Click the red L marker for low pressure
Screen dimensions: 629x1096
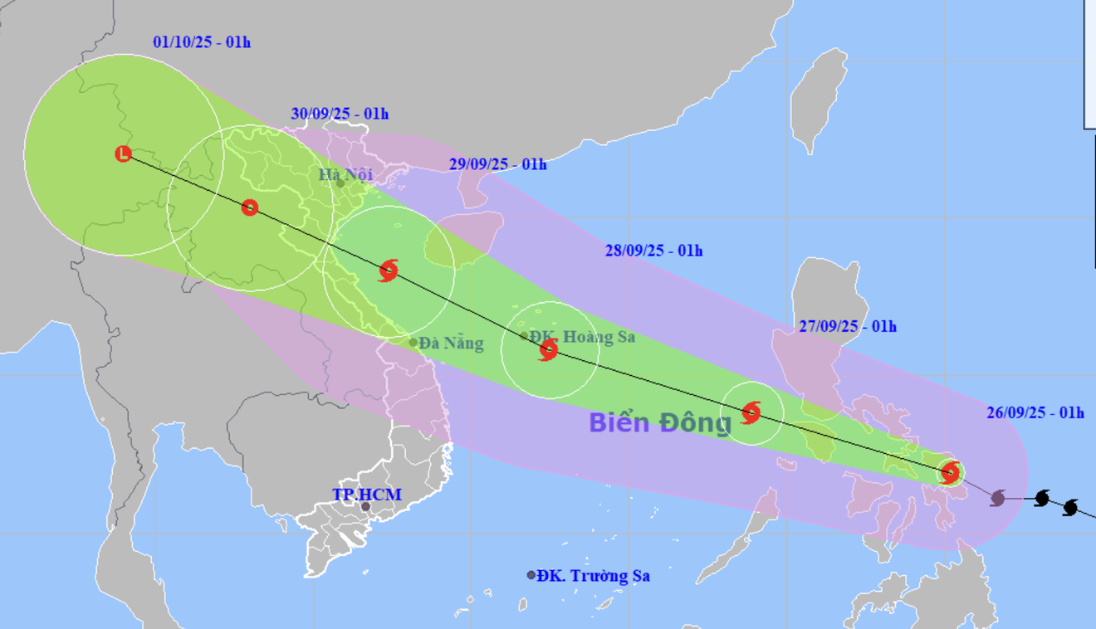pos(123,154)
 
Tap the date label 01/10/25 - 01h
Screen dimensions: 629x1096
pos(202,41)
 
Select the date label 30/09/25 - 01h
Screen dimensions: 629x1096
pos(340,114)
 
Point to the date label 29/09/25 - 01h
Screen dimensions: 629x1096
pos(497,164)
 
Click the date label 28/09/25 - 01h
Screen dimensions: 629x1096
pos(653,250)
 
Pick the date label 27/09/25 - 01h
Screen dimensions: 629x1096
pos(847,326)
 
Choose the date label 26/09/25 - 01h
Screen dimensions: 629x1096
pos(1035,412)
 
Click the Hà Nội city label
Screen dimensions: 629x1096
pos(345,175)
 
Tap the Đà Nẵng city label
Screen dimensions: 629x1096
pos(451,343)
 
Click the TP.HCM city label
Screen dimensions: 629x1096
pos(367,495)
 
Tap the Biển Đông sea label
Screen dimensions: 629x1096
pos(660,422)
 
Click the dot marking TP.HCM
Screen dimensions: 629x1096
pos(365,506)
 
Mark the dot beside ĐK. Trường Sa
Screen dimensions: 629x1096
pos(531,575)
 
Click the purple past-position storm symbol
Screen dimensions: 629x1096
pos(998,498)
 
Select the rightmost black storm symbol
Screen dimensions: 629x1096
pos(1070,506)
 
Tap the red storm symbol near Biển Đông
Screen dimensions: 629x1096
pos(751,412)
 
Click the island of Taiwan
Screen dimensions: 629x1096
pos(818,100)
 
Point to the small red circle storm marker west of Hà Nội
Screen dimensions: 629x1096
pos(250,207)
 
